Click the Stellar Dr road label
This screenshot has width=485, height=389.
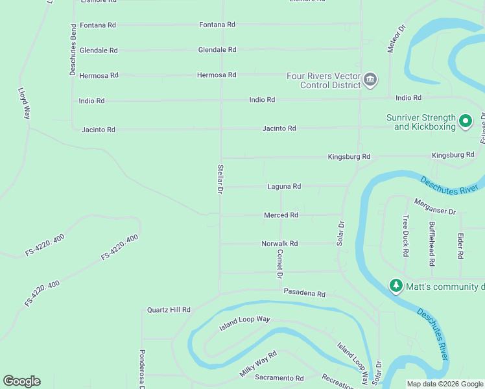click(x=220, y=179)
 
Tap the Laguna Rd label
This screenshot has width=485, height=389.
click(x=284, y=187)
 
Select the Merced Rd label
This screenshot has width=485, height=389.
click(x=281, y=215)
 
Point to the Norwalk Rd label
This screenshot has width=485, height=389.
click(x=279, y=244)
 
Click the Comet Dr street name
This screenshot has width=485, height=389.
click(x=280, y=264)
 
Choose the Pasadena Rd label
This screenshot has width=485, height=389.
click(x=304, y=293)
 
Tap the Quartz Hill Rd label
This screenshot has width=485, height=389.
click(x=169, y=310)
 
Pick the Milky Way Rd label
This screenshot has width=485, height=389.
click(x=258, y=364)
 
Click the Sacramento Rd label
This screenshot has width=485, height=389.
click(x=279, y=378)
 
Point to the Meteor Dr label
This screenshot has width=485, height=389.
click(x=396, y=39)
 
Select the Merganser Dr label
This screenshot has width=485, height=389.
click(x=435, y=207)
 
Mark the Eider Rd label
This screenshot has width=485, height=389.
click(x=460, y=246)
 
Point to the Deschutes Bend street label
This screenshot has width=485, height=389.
click(x=73, y=51)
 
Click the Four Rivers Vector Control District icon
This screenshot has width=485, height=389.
click(x=371, y=80)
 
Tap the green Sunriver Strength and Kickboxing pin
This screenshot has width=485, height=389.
click(x=465, y=121)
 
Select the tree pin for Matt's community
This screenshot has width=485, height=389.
click(x=396, y=285)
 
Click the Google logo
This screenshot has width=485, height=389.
click(x=21, y=381)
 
